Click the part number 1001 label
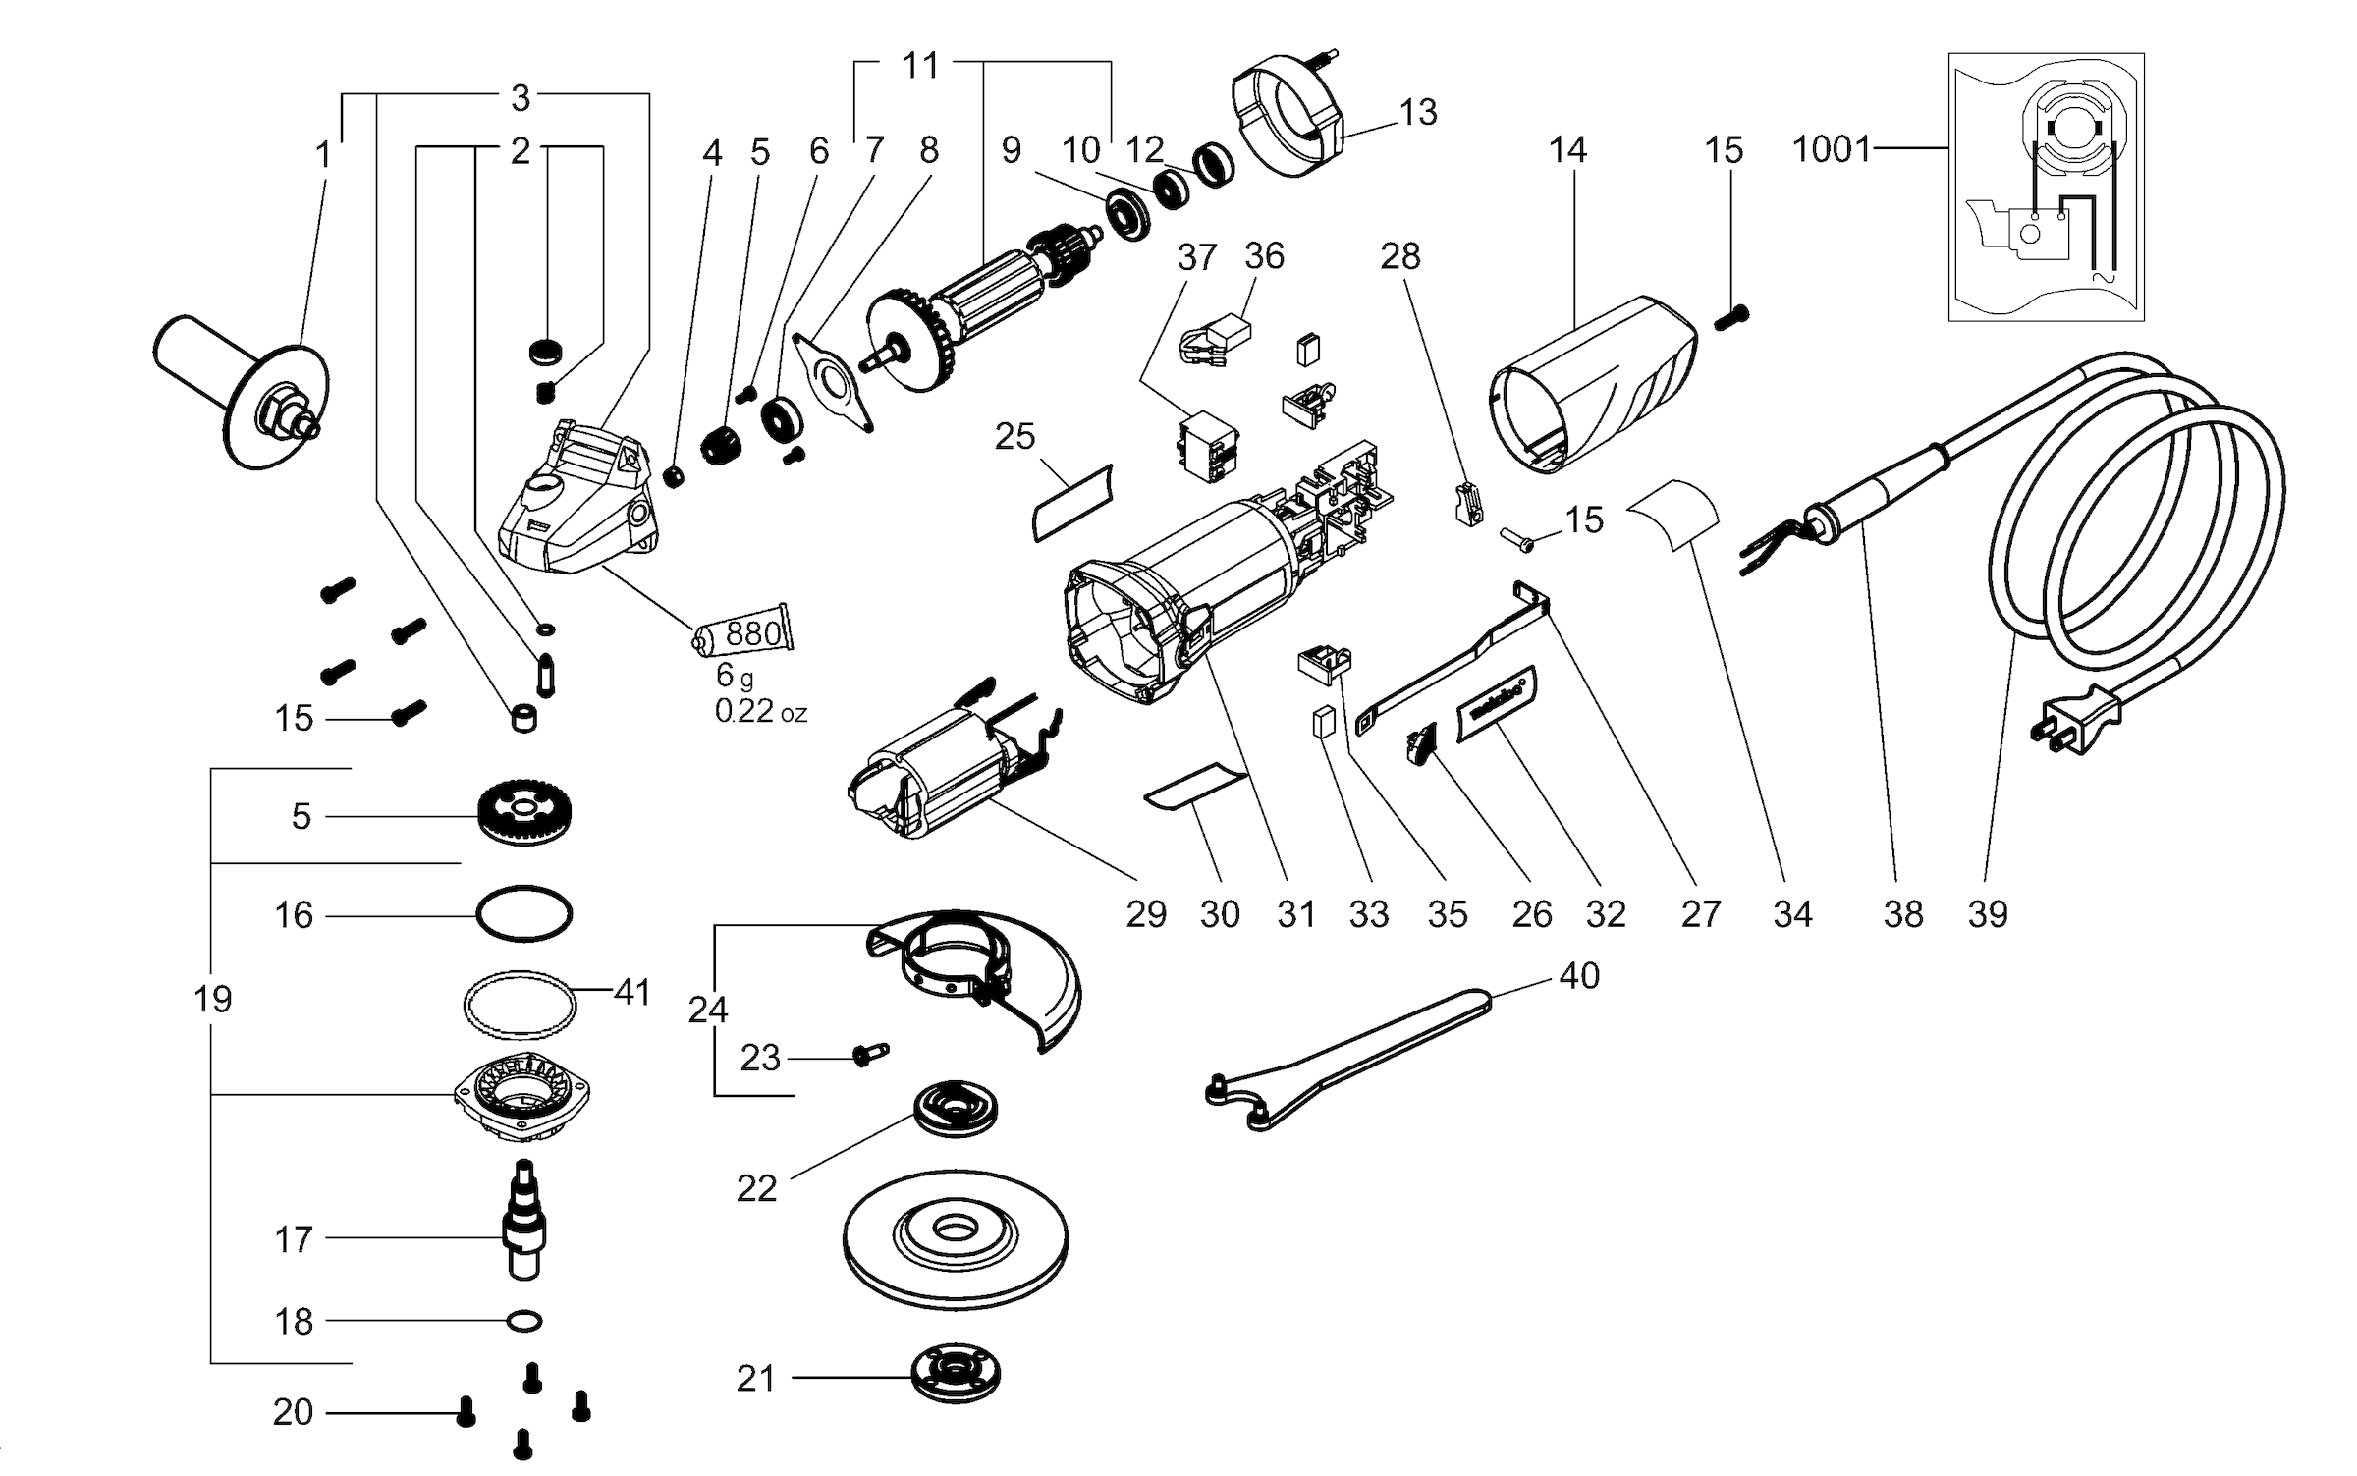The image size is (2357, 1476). point(1831,149)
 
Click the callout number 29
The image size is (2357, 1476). point(1145,914)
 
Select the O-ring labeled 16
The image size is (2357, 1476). point(523,915)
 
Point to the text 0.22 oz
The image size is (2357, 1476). point(760,711)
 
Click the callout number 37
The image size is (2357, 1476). point(1197,257)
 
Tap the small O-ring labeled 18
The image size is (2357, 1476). point(524,1321)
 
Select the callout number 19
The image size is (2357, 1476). point(212,999)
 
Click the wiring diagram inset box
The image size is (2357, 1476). point(2046,187)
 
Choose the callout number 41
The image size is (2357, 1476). point(631,992)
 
